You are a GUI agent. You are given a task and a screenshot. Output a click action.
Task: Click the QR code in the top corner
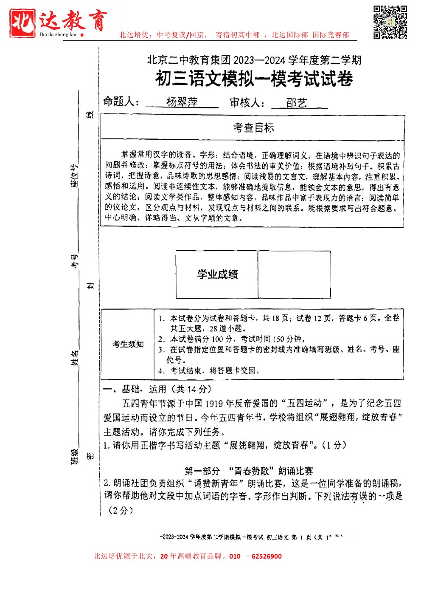pos(390,22)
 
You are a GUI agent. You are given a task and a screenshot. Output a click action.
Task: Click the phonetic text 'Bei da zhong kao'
pos(59,34)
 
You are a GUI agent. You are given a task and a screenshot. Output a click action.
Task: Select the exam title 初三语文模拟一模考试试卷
pos(254,79)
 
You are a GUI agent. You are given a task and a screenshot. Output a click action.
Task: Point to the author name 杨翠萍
pos(182,102)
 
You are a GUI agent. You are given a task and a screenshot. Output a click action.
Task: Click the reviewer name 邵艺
pos(296,103)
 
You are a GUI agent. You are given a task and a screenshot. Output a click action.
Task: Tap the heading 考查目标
pos(253,127)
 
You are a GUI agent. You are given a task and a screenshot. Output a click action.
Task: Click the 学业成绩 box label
pos(217,274)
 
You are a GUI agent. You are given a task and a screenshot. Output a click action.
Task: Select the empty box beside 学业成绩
pos(294,274)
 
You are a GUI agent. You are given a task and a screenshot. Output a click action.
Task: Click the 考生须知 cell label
pos(128,344)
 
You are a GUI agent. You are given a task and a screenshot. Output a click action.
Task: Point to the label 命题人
pos(121,102)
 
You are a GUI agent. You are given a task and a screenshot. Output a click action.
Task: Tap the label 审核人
pos(247,103)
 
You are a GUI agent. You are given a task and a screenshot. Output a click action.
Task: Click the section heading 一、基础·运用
pos(157,389)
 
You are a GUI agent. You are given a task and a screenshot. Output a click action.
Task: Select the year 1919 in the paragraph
pos(216,404)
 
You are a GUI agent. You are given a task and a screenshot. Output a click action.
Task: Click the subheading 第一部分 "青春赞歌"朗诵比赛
pos(249,471)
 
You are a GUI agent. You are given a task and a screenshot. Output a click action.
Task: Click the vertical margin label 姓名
pos(75,358)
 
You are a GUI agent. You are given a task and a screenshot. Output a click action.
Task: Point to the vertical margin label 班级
pos(75,456)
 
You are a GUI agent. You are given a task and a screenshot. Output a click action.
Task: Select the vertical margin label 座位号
pos(75,175)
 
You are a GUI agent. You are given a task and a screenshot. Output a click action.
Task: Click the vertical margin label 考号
pos(75,261)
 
